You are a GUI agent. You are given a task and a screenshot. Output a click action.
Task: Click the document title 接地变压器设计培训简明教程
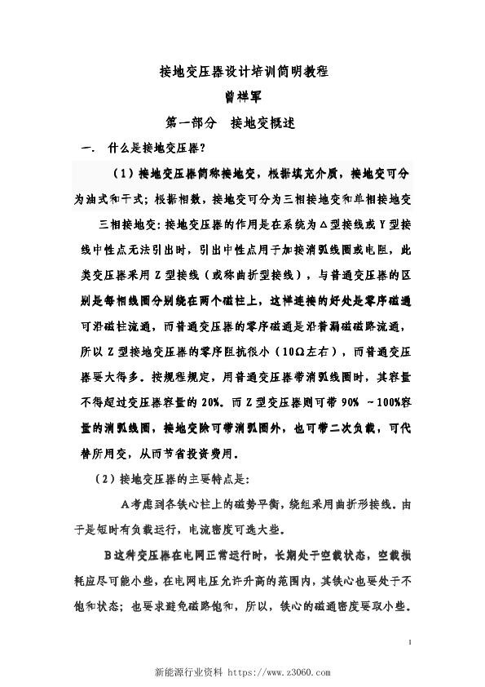click(242, 71)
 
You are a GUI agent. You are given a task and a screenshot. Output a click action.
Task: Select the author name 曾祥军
click(242, 96)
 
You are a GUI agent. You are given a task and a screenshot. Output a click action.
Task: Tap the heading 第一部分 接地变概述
click(230, 122)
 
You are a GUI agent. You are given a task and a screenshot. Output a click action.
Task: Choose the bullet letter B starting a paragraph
click(106, 554)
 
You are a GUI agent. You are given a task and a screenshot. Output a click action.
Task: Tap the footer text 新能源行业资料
click(189, 672)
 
